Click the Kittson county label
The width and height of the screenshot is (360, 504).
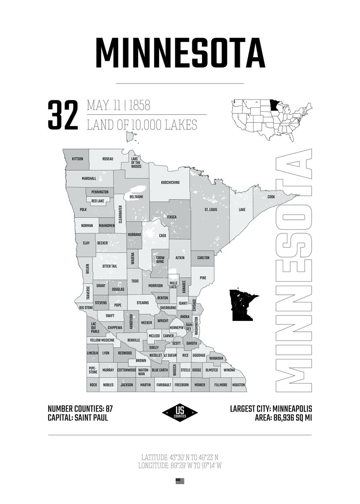[x=78, y=159]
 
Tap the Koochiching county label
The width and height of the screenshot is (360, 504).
[x=170, y=183]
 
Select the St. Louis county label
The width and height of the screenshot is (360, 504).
[x=210, y=209]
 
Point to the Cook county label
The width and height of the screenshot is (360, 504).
[x=271, y=197]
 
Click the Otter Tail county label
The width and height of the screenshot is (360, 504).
[x=110, y=266]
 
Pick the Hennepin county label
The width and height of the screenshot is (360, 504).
[x=176, y=327]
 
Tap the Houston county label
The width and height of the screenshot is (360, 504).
[x=238, y=385]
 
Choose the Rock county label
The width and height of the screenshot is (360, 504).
[x=93, y=385]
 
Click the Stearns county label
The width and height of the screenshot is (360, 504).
[x=142, y=302]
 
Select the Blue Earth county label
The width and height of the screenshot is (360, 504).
[x=160, y=370]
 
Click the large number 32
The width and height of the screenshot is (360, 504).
[x=63, y=115]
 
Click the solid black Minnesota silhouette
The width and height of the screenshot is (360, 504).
[x=243, y=304]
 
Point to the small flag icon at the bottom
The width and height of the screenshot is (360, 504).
[x=180, y=481]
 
